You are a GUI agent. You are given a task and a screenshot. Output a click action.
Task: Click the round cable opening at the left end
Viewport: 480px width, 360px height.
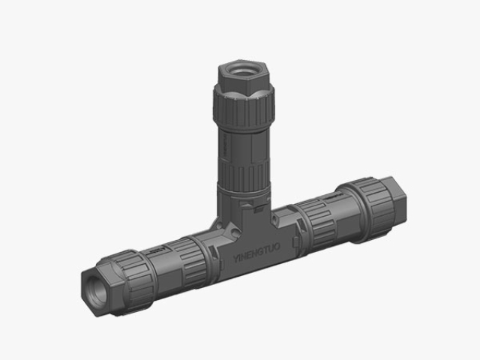coord(94,284)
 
